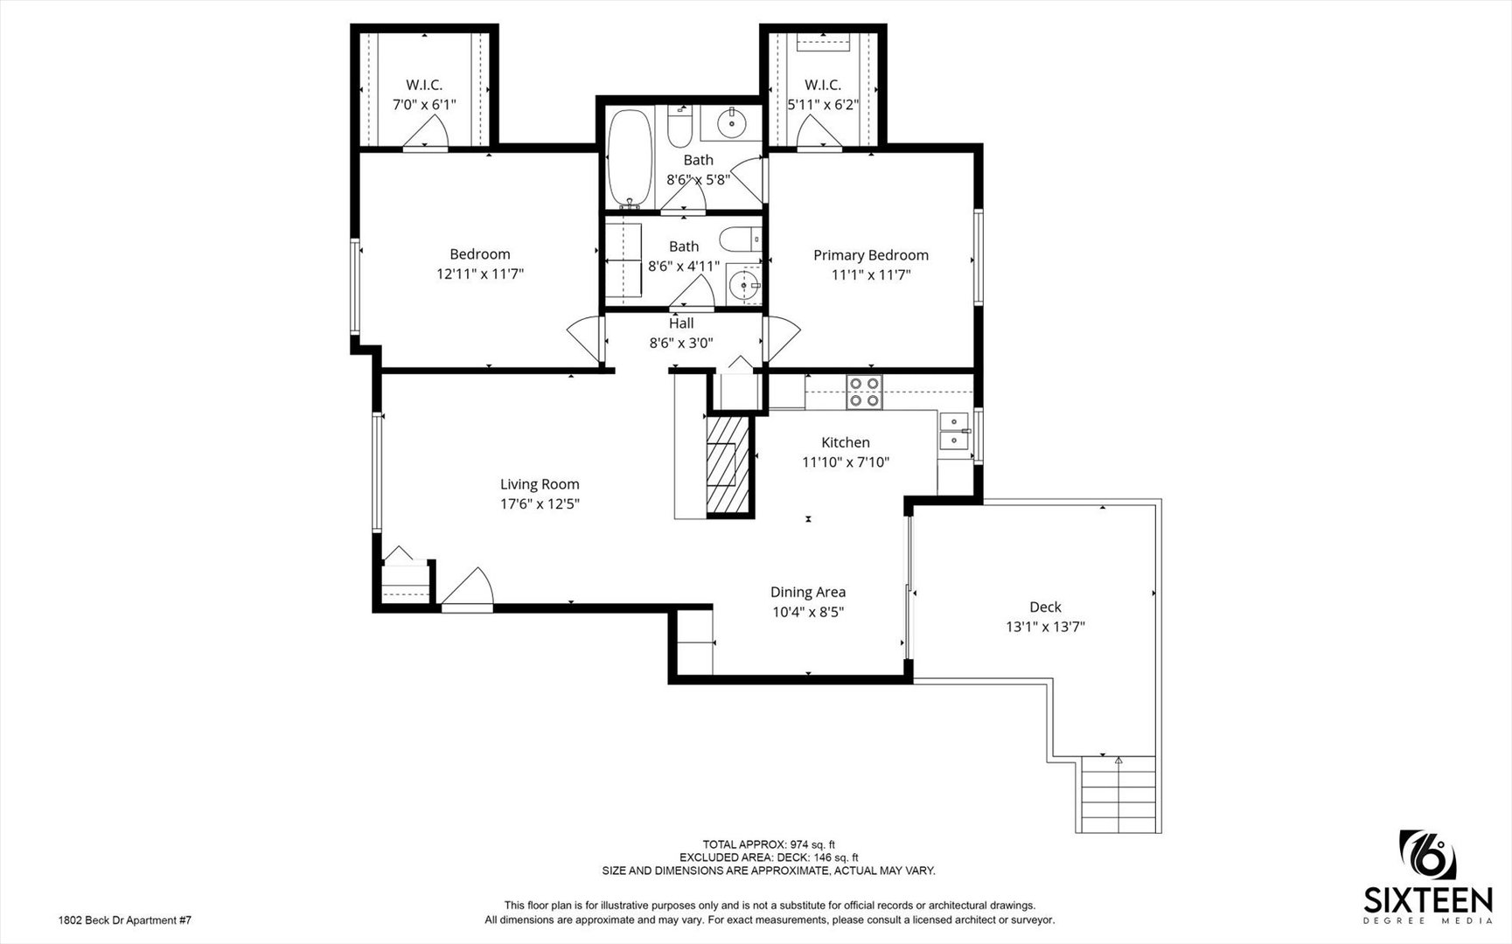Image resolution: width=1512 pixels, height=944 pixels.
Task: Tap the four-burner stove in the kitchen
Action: click(864, 392)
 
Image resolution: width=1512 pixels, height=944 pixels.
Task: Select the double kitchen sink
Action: click(953, 432)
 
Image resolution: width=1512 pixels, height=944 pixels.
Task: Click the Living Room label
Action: click(540, 484)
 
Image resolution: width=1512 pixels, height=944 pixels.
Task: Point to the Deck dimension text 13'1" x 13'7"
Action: click(1045, 627)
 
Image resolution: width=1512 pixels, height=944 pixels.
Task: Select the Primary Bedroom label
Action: click(870, 255)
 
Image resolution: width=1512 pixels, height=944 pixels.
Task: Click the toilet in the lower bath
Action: click(741, 238)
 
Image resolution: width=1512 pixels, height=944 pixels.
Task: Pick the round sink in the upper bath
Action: click(732, 124)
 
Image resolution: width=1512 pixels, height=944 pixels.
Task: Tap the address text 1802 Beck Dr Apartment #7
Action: click(124, 920)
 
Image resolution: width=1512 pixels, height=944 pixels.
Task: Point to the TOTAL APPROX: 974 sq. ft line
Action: click(769, 844)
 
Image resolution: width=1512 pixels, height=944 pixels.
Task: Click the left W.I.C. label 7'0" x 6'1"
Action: click(424, 94)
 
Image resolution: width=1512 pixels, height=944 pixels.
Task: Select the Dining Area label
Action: click(807, 593)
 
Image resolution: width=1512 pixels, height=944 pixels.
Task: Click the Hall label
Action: click(681, 323)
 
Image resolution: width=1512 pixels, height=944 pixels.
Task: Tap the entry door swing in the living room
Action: click(470, 588)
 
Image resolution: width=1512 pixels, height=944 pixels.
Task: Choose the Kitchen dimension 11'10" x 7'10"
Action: click(846, 462)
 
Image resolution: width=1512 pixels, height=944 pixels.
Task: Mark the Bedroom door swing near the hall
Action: click(585, 338)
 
